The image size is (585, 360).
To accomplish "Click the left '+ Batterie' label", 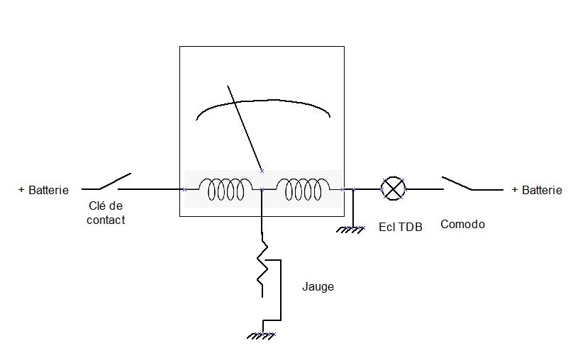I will click(x=43, y=190).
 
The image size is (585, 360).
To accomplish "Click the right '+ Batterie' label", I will click(x=537, y=190).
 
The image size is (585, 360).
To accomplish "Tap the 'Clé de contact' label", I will click(x=106, y=213).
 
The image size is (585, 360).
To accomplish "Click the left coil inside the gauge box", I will click(x=225, y=189).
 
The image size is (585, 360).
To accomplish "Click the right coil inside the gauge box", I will click(x=302, y=189).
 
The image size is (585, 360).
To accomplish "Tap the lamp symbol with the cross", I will click(x=394, y=189).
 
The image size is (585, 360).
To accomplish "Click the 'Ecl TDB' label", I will click(x=401, y=227).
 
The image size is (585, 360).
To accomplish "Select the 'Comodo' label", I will click(x=462, y=225).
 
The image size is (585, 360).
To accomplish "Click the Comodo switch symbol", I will click(x=457, y=184).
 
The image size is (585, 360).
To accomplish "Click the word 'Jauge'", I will click(x=318, y=287).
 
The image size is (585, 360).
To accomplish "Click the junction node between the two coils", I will click(x=262, y=190).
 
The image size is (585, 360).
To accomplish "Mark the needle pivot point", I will click(x=262, y=171).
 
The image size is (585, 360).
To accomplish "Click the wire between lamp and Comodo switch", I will click(x=424, y=190).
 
